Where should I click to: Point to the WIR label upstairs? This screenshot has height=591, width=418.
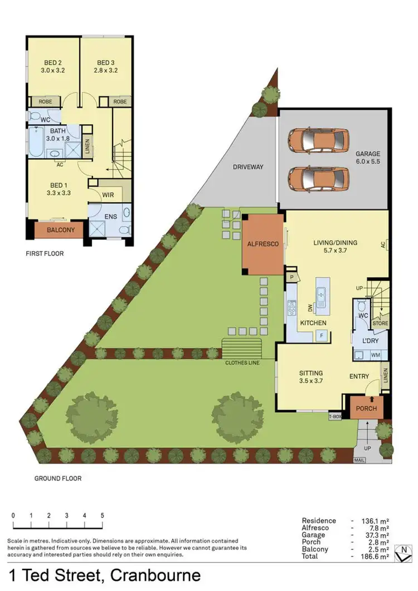[108, 194]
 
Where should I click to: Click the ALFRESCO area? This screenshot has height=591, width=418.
[263, 244]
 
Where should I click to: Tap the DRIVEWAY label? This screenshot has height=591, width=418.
[248, 167]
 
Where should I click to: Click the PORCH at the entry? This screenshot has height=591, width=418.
[366, 408]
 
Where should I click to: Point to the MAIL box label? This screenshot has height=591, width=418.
[359, 461]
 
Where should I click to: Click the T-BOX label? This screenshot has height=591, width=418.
[335, 416]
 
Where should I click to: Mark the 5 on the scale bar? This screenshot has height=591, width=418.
[103, 515]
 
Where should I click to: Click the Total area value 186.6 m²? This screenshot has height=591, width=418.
[377, 556]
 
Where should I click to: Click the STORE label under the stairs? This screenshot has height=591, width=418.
[380, 323]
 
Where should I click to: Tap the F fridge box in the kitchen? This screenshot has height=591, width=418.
[322, 335]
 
